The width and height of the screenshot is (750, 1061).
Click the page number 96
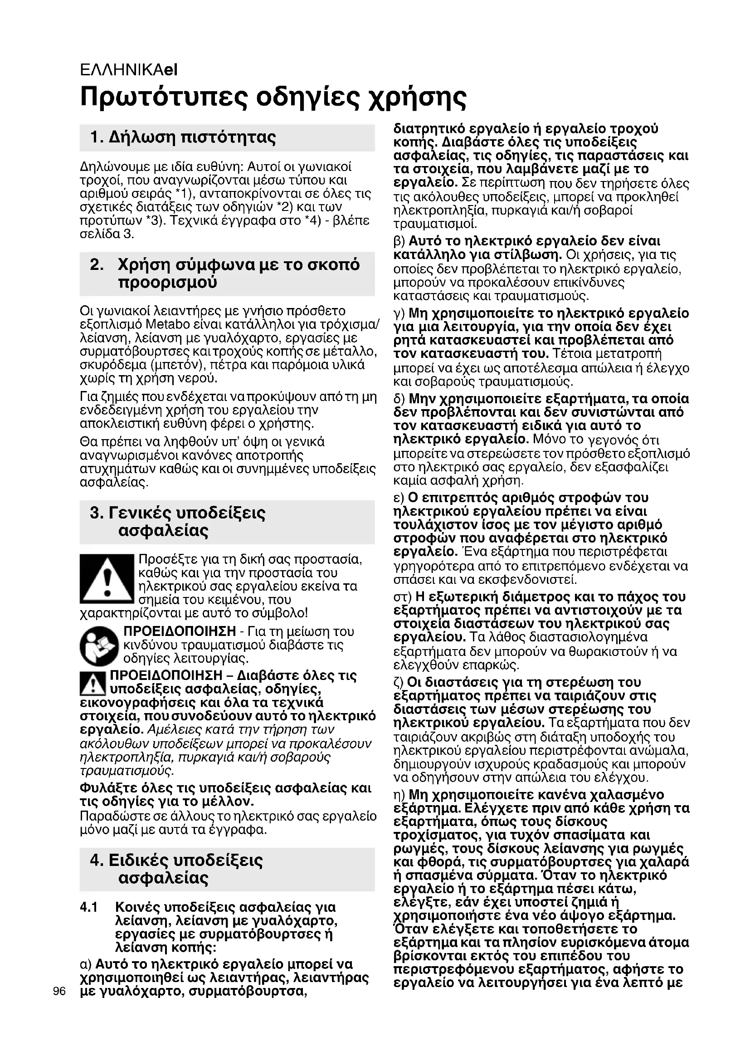(59, 991)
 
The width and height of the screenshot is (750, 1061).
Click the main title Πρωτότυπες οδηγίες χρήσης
(273, 97)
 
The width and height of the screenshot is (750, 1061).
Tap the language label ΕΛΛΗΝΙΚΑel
(128, 70)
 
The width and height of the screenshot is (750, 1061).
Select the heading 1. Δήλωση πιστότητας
(183, 137)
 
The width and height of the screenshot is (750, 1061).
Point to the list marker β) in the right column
(399, 241)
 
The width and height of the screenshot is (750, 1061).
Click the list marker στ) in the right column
(402, 597)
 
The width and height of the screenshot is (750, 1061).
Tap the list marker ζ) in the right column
(399, 683)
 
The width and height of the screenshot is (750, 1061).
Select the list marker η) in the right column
(399, 795)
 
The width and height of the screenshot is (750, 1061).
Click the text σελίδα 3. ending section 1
(107, 234)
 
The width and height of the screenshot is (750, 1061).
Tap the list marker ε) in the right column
(399, 498)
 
